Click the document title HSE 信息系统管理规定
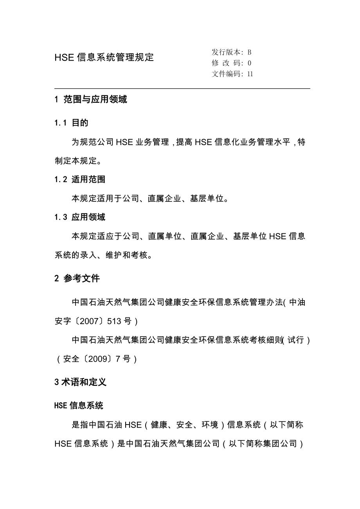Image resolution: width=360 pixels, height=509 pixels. (104, 57)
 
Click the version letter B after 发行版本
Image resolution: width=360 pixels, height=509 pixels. (249, 52)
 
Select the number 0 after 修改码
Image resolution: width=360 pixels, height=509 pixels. (250, 63)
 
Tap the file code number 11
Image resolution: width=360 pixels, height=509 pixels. (250, 74)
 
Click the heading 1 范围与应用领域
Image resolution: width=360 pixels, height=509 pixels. (91, 100)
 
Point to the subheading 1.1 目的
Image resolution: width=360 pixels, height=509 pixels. (71, 123)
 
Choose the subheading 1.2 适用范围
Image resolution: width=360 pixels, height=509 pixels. (80, 180)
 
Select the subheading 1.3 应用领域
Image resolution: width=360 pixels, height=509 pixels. (80, 217)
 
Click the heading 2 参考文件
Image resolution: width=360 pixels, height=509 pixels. (77, 278)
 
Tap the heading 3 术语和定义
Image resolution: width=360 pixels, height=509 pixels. (80, 382)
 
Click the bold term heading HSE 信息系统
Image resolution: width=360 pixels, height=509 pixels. (79, 405)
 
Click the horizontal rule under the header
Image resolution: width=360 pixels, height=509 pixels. (182, 89)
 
